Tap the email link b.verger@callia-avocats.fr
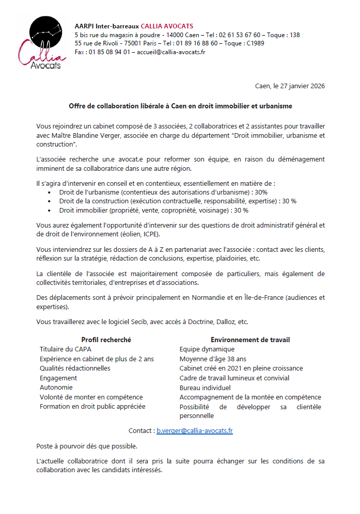195,430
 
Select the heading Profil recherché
106,340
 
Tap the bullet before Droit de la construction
49,201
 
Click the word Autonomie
56,388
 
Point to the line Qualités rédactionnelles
75,368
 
